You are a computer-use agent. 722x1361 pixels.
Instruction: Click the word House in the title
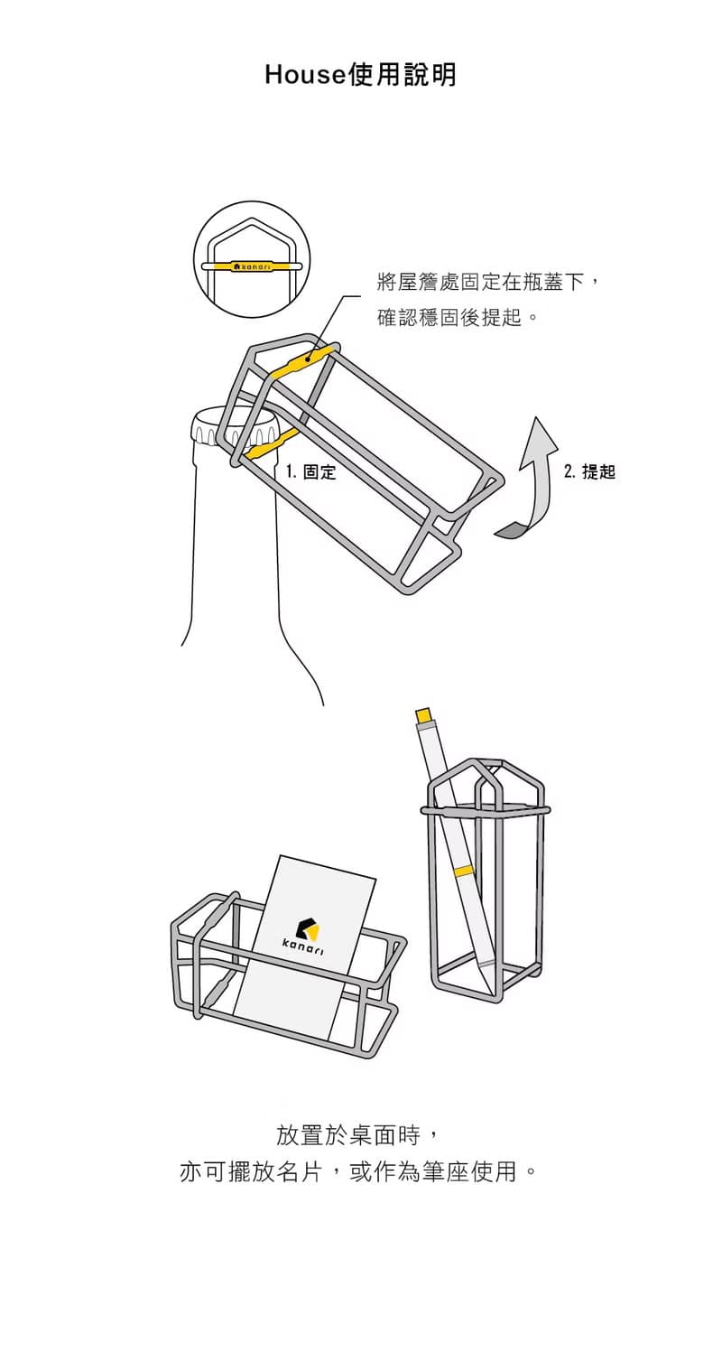[x=305, y=75]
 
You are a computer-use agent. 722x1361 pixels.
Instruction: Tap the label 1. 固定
[x=310, y=471]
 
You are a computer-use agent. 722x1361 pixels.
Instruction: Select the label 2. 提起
[x=589, y=471]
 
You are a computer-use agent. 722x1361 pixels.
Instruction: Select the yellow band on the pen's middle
[x=464, y=871]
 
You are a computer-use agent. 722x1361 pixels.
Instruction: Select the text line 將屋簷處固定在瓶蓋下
[x=488, y=282]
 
